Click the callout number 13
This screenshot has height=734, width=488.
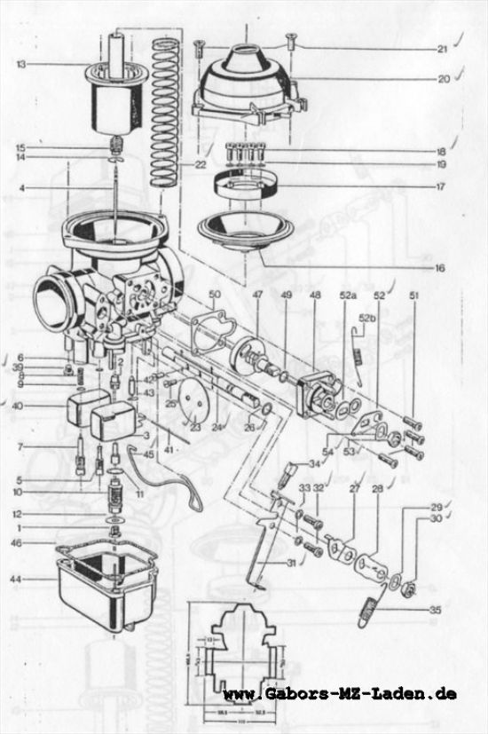pos(20,64)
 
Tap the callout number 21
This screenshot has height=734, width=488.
pos(442,49)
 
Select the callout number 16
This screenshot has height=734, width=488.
pos(441,267)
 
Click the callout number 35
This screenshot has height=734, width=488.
pos(434,611)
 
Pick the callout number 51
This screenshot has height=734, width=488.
pos(413,295)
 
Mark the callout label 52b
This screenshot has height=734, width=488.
pos(367,316)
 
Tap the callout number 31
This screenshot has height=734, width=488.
pos(293,563)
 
